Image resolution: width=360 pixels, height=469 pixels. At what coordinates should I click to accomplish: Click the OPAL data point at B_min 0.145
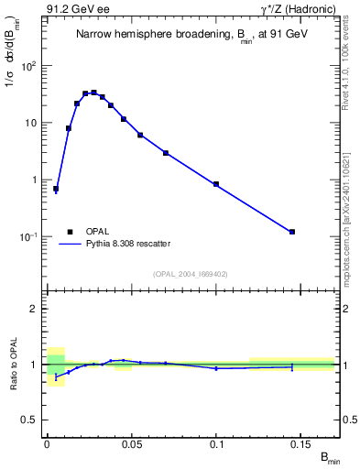pos(292,232)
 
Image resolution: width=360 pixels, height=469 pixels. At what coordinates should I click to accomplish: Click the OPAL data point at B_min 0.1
pos(216,184)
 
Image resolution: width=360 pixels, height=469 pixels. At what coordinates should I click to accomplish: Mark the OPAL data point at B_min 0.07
pos(166,153)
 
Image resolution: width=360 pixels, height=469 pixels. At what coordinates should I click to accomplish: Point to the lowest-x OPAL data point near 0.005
pos(56,189)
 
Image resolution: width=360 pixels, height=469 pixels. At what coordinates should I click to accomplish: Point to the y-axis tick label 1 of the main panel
pos(37,180)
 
